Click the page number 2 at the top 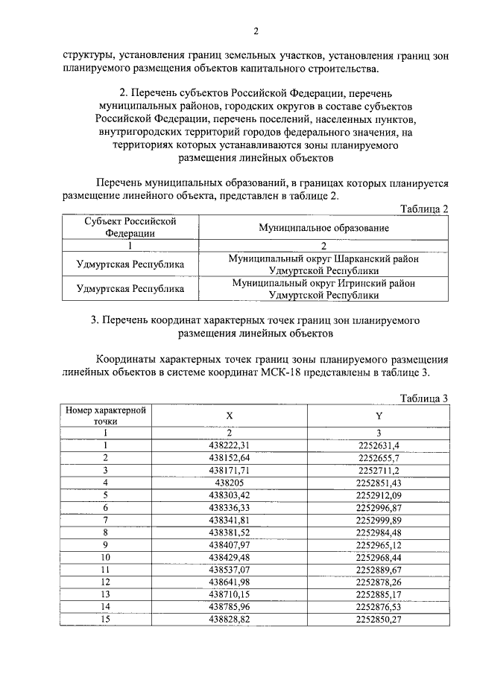click(x=256, y=31)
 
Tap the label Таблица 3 click(x=423, y=398)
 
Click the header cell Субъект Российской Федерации click(x=130, y=226)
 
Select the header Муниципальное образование click(x=323, y=226)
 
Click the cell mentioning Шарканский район click(x=323, y=264)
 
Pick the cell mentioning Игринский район click(x=323, y=289)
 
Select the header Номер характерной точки click(x=105, y=416)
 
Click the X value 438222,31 click(x=230, y=445)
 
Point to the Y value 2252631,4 click(x=379, y=445)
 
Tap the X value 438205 click(x=230, y=482)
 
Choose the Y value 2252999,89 click(x=379, y=519)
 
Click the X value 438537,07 click(x=230, y=569)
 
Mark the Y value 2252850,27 click(x=379, y=619)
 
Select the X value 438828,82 click(x=230, y=619)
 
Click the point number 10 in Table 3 click(x=105, y=556)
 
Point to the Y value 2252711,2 click(x=379, y=470)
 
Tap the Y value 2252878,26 click(x=379, y=582)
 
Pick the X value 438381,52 click(x=230, y=532)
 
